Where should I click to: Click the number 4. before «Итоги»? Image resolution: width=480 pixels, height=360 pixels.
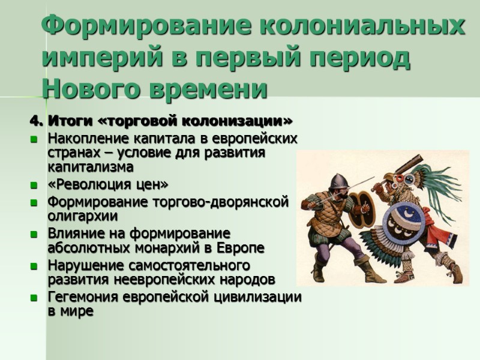pos(37,122)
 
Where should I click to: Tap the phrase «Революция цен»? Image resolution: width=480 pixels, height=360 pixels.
pos(109,184)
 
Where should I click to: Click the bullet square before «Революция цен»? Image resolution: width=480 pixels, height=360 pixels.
pos(34,184)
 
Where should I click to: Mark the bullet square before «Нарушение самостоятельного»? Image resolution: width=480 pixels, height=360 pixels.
pos(34,266)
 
